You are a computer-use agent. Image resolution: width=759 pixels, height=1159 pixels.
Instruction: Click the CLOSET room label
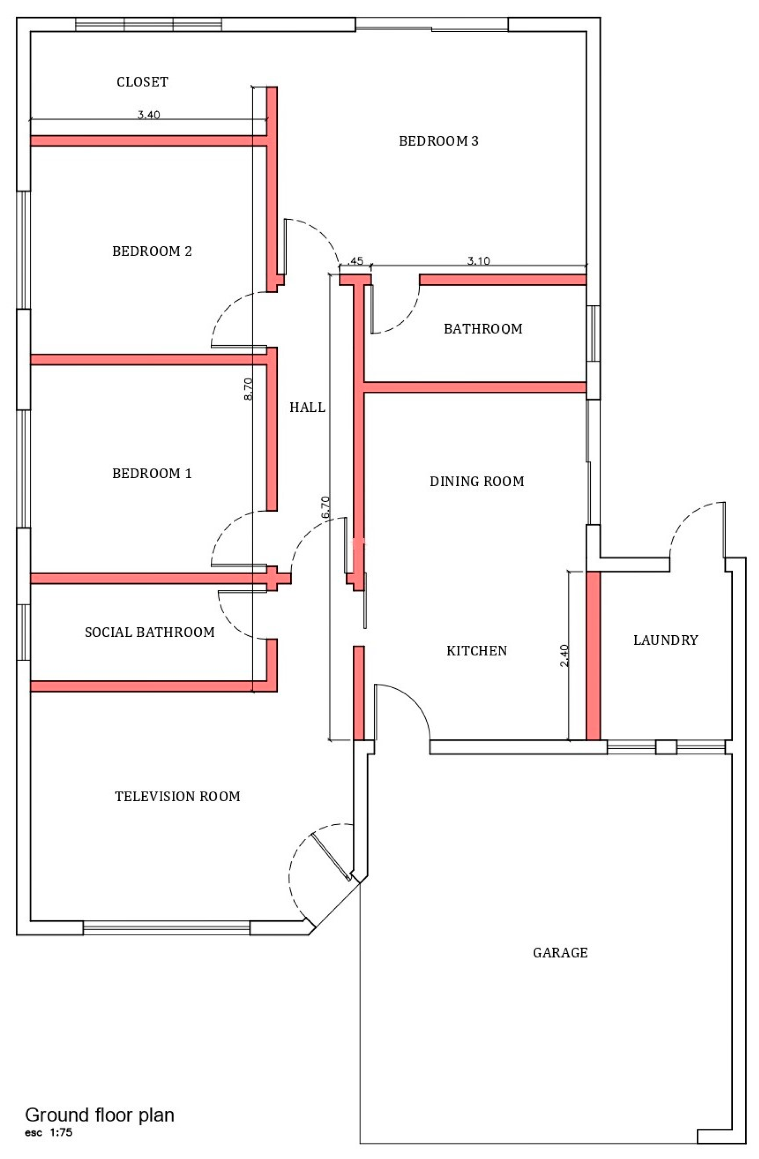pyautogui.click(x=142, y=82)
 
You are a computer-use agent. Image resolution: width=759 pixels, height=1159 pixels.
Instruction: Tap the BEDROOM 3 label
pyautogui.click(x=438, y=141)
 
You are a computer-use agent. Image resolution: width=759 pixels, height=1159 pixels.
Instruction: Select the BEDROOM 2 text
pyautogui.click(x=152, y=251)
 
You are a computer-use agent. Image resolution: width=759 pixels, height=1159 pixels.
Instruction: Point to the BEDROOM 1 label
pyautogui.click(x=152, y=473)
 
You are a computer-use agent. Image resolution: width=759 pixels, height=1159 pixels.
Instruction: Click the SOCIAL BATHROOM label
pyautogui.click(x=149, y=632)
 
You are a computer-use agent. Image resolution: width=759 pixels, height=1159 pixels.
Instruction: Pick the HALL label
pyautogui.click(x=307, y=407)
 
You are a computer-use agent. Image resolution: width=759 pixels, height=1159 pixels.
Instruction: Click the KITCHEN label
pyautogui.click(x=477, y=651)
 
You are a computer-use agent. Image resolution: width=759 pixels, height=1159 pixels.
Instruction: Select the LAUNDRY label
pyautogui.click(x=665, y=640)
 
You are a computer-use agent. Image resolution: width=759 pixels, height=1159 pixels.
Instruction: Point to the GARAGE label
pyautogui.click(x=560, y=953)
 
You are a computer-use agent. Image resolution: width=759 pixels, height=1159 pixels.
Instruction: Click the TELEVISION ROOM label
pyautogui.click(x=177, y=796)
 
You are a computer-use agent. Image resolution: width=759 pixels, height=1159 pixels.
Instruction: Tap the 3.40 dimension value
pyautogui.click(x=149, y=115)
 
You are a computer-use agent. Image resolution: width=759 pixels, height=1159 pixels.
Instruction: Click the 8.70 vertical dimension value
pyautogui.click(x=248, y=389)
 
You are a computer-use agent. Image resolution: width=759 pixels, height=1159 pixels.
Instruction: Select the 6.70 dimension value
pyautogui.click(x=325, y=507)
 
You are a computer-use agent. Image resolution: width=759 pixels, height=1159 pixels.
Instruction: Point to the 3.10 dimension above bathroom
pyautogui.click(x=478, y=261)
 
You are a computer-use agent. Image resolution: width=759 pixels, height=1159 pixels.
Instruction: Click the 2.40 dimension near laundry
pyautogui.click(x=564, y=656)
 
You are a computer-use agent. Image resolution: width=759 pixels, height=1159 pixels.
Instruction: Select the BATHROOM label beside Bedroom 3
pyautogui.click(x=483, y=329)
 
